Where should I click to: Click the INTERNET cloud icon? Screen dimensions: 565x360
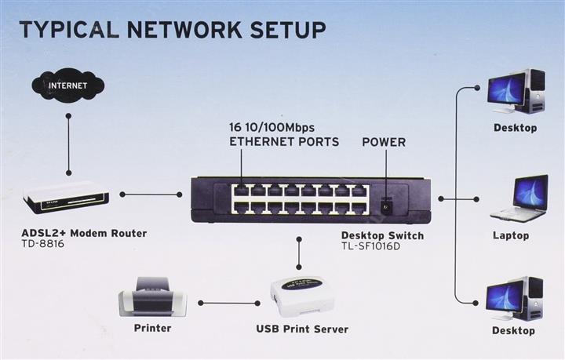(67, 85)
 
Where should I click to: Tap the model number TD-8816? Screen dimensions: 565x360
(42, 244)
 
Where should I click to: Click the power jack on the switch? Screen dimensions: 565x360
(386, 206)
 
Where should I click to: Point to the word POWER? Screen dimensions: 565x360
(384, 142)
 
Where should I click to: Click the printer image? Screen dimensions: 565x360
(152, 297)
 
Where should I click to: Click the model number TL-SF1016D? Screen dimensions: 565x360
(370, 246)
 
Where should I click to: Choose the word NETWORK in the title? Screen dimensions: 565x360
(184, 30)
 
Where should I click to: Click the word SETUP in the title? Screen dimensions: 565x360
(288, 30)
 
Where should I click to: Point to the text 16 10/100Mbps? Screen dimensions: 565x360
(272, 127)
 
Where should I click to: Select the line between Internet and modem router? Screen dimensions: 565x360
(68, 144)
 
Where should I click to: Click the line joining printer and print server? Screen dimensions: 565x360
(229, 304)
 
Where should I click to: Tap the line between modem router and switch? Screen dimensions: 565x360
(151, 195)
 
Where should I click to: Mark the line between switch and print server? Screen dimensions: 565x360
(299, 253)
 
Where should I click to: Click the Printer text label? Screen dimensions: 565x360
(152, 328)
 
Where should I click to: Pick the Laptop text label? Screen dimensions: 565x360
(511, 236)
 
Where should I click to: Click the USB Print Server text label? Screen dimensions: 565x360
(302, 329)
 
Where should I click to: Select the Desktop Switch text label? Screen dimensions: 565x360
(382, 235)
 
